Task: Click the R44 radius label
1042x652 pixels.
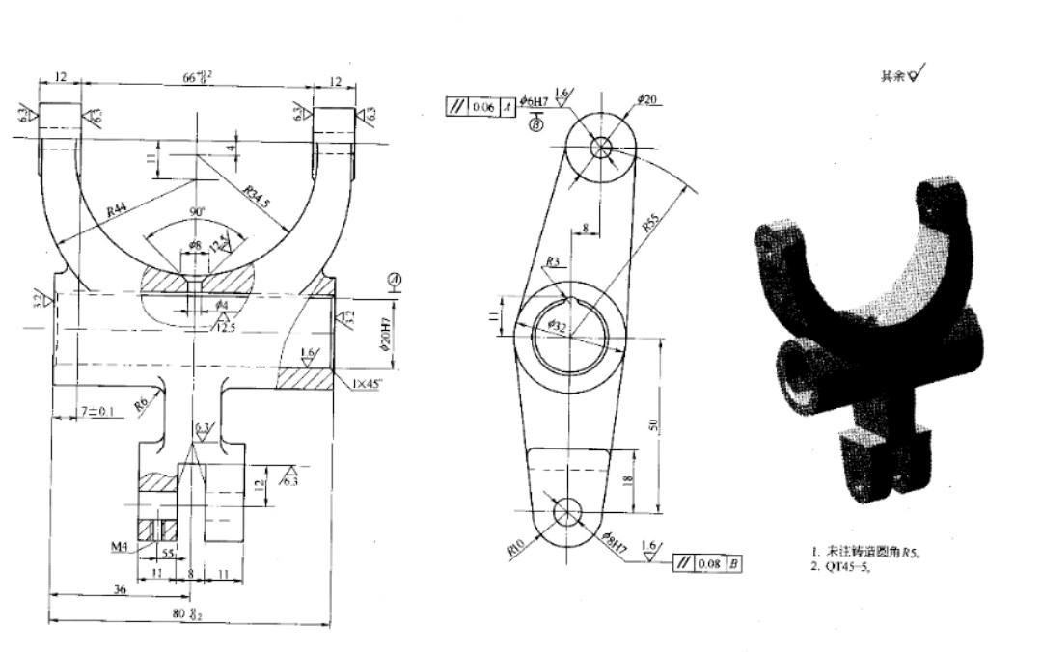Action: pos(118,211)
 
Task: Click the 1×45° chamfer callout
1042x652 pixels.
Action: pos(369,384)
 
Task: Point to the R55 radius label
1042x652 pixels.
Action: pos(654,227)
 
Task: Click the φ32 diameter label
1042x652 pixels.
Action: pos(559,326)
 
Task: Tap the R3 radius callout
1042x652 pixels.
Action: pos(553,261)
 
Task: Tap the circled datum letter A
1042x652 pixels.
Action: pos(394,280)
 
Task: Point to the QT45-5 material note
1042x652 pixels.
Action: pos(850,566)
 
